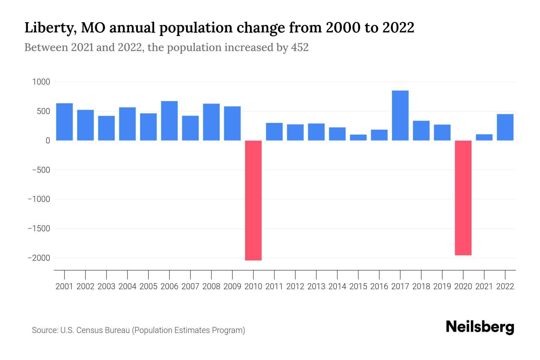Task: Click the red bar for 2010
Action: [253, 200]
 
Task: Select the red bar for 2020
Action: [463, 198]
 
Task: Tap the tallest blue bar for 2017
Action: [400, 115]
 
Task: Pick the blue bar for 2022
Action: [505, 127]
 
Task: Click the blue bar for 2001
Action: [64, 122]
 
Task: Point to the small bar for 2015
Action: [358, 137]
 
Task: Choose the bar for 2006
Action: [169, 121]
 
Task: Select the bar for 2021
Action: [484, 137]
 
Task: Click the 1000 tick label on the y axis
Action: [41, 82]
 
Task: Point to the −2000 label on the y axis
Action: [39, 258]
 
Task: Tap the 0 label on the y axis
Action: [48, 141]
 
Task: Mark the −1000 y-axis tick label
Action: [39, 199]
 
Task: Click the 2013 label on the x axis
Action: [316, 286]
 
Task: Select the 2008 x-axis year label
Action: [211, 286]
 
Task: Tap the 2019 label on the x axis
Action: [442, 286]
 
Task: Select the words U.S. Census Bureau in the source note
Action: [95, 330]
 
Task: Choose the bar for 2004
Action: [127, 124]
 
